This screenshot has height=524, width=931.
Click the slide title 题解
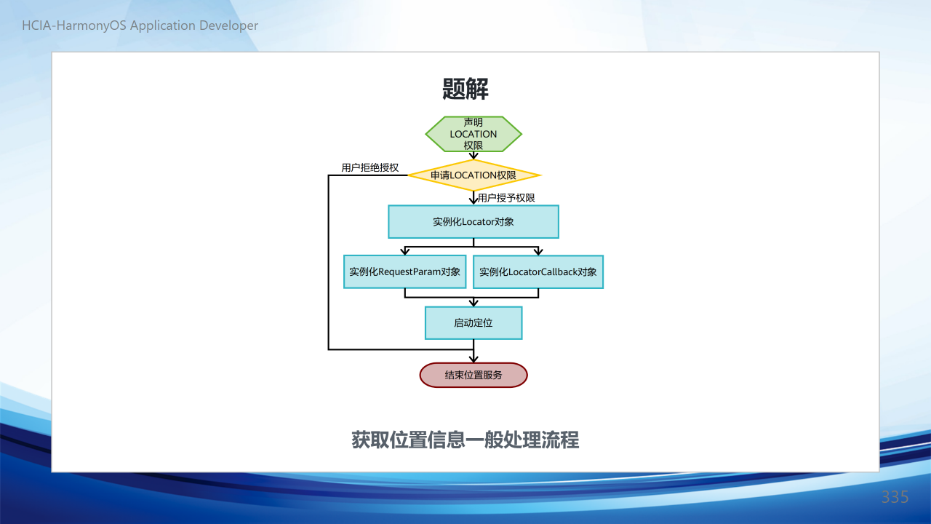(x=465, y=89)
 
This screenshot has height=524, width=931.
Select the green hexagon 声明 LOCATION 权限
(x=474, y=134)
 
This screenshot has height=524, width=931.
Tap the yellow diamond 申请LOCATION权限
(x=474, y=175)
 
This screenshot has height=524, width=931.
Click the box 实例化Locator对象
(x=474, y=222)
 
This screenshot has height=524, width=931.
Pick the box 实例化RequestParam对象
(x=405, y=271)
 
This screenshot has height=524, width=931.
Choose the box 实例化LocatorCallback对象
(x=538, y=271)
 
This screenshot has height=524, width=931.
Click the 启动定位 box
(x=474, y=322)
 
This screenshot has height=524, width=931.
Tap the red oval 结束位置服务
(x=474, y=375)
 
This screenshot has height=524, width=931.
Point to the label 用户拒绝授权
(x=370, y=167)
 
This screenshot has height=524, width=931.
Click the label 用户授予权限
(x=506, y=198)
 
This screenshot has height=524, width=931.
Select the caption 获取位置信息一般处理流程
(x=465, y=440)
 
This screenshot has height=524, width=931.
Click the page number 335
(x=895, y=497)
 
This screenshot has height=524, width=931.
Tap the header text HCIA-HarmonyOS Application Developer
(x=140, y=25)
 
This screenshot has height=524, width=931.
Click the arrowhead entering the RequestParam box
(x=405, y=251)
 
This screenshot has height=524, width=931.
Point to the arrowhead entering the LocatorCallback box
(x=538, y=251)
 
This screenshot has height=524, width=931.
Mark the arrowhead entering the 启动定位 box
(x=474, y=303)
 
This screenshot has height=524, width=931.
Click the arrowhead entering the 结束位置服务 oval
(x=474, y=359)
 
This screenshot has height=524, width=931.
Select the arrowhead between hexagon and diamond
(x=474, y=156)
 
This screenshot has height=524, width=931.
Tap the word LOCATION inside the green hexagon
(x=474, y=134)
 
